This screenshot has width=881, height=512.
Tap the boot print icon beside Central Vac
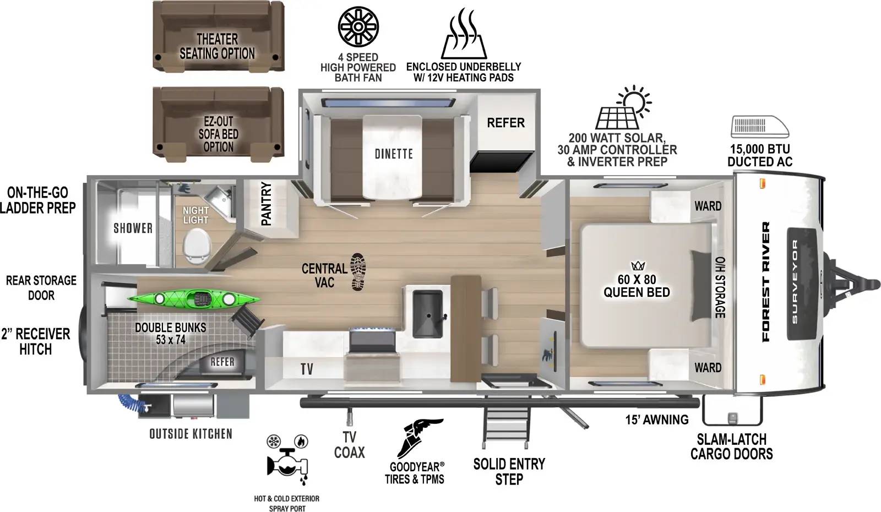pyautogui.click(x=358, y=271)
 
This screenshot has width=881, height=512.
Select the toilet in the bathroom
pyautogui.click(x=197, y=246)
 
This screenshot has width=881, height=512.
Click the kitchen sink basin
pyautogui.click(x=428, y=309)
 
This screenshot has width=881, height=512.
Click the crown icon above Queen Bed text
pyautogui.click(x=638, y=265)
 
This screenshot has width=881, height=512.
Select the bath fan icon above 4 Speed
pyautogui.click(x=358, y=26)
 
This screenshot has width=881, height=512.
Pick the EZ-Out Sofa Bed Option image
pyautogui.click(x=218, y=122)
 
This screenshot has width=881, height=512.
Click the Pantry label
pyautogui.click(x=267, y=203)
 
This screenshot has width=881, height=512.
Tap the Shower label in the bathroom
pyautogui.click(x=133, y=228)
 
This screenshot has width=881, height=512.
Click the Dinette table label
pyautogui.click(x=393, y=154)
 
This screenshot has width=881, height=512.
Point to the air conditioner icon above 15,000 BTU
pyautogui.click(x=759, y=126)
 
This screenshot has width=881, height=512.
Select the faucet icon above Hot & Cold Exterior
pyautogui.click(x=287, y=462)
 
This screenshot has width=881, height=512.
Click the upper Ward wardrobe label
pyautogui.click(x=708, y=206)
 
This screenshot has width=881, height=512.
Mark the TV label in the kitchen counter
pyautogui.click(x=307, y=369)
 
